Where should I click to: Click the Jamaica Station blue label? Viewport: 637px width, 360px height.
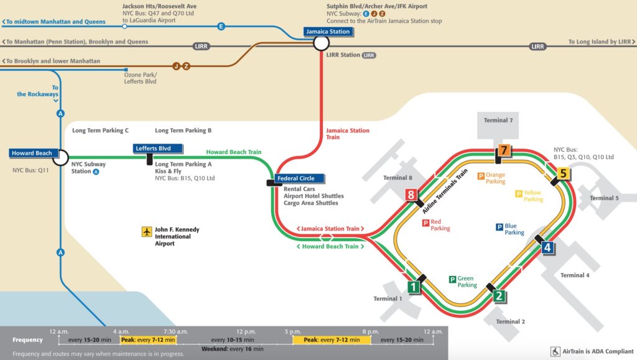coord(328,31)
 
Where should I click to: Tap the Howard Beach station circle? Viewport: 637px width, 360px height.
coord(60,158)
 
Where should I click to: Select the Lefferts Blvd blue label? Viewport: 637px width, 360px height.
coord(159,149)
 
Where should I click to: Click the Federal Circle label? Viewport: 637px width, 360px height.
coord(296,178)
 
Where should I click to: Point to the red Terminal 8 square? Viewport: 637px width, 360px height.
coord(410,195)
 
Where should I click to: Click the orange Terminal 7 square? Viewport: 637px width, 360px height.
coord(504,151)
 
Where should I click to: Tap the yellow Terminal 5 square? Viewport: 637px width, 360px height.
coord(563,173)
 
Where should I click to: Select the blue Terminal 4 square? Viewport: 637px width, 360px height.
coord(547,247)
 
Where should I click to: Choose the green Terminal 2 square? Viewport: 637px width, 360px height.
coord(498,296)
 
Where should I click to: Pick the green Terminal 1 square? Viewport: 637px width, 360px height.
coord(413,287)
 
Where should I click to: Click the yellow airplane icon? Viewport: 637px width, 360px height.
coord(147,233)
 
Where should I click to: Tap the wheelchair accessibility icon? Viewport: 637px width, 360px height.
coord(555,351)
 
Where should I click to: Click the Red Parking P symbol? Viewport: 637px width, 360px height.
coord(426,223)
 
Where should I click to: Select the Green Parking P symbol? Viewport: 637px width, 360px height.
coord(453,280)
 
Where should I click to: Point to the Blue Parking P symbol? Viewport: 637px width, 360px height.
coord(500,227)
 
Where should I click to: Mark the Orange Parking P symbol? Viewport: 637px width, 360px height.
coord(480,176)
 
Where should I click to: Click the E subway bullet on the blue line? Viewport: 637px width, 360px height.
coord(221,26)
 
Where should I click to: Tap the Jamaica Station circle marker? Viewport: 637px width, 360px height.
coord(321,43)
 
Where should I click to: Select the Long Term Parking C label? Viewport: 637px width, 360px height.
coord(100,131)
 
